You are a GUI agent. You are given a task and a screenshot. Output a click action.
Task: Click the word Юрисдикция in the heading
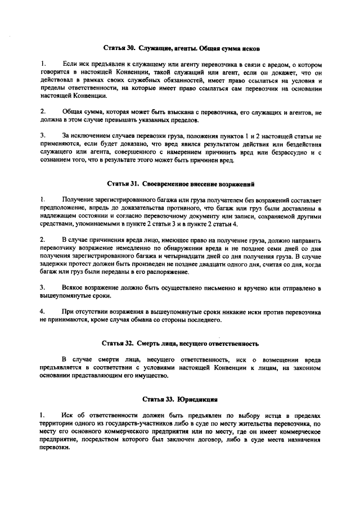click(197, 399)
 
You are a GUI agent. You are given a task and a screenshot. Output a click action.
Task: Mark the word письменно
click(204, 289)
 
